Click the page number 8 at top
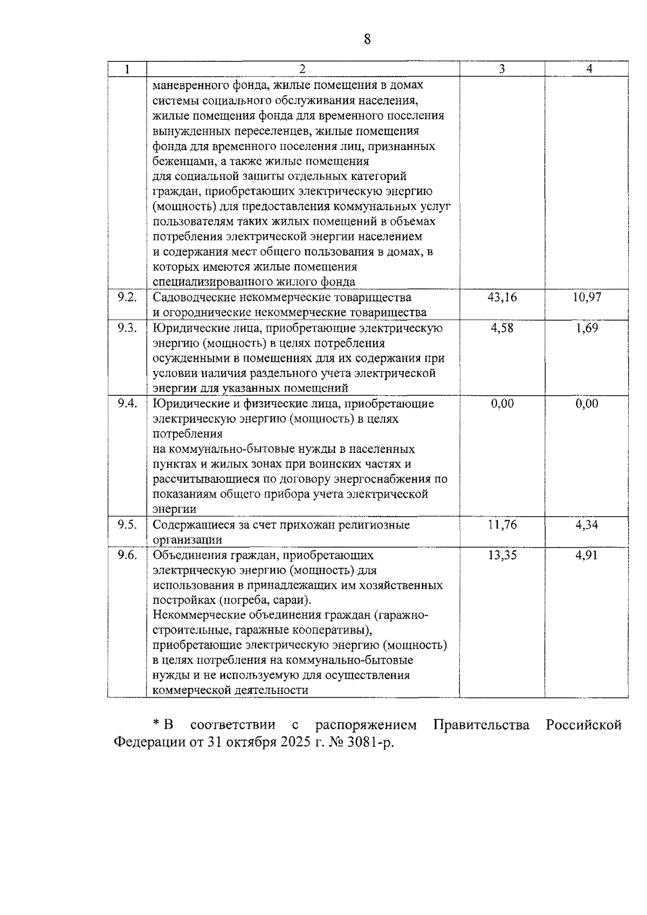pyautogui.click(x=367, y=39)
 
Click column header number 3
pyautogui.click(x=502, y=69)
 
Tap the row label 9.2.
pyautogui.click(x=127, y=297)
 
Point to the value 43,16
pyautogui.click(x=502, y=297)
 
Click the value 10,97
pyautogui.click(x=587, y=297)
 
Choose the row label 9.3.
pyautogui.click(x=127, y=328)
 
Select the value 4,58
pyautogui.click(x=502, y=328)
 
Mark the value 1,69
pyautogui.click(x=587, y=328)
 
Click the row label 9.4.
pyautogui.click(x=127, y=403)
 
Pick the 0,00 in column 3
pyautogui.click(x=502, y=403)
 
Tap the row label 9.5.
pyautogui.click(x=127, y=525)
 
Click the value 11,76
pyautogui.click(x=502, y=525)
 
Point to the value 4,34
pyautogui.click(x=587, y=525)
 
